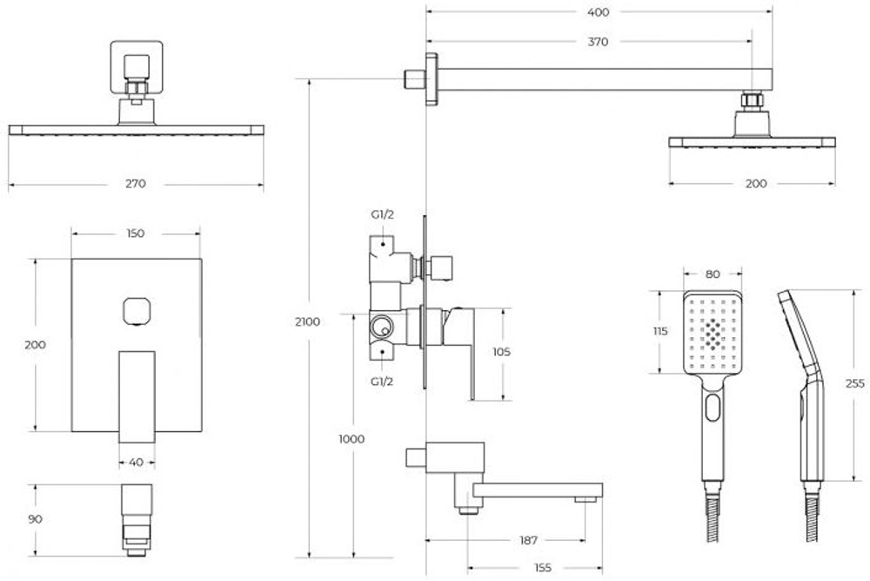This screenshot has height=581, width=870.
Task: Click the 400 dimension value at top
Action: coord(598,12)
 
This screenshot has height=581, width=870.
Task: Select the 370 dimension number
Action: coord(598,42)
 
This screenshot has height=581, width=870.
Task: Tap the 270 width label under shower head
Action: coord(136,183)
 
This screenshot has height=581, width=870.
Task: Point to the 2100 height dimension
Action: coord(307,321)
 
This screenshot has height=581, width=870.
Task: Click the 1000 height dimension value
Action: coord(351,439)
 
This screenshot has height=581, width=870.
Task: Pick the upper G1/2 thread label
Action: coord(382,214)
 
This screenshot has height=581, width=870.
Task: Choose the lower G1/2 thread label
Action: coord(382,382)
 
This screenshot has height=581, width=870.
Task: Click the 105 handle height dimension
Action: coord(501,352)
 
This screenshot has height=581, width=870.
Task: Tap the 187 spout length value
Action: coord(529,540)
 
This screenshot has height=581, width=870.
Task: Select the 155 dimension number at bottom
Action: coord(543,568)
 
